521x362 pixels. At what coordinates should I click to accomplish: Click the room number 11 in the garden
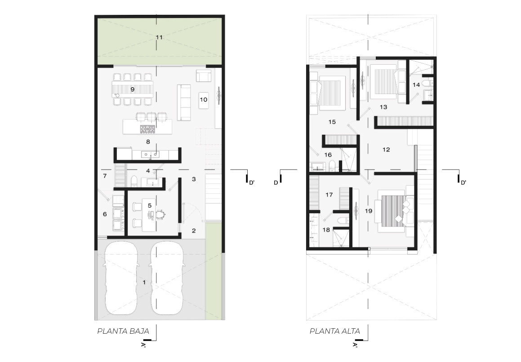159,37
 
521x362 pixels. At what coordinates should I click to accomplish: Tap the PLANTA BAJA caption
123,331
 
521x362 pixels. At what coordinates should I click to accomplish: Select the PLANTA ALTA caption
335,331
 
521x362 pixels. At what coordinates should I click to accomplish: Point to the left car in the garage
120,277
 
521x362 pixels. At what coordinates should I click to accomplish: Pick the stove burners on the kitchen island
147,129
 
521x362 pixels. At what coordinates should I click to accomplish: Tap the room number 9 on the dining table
132,89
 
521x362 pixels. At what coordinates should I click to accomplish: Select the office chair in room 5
160,215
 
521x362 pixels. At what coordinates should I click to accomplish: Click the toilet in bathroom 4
134,181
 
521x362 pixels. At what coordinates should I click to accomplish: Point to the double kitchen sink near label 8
150,154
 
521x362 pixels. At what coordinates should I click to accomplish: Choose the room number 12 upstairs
386,150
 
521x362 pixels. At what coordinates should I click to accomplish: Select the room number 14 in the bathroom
416,85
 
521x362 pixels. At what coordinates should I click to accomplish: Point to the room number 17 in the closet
329,194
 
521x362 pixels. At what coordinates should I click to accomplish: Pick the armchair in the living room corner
203,76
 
